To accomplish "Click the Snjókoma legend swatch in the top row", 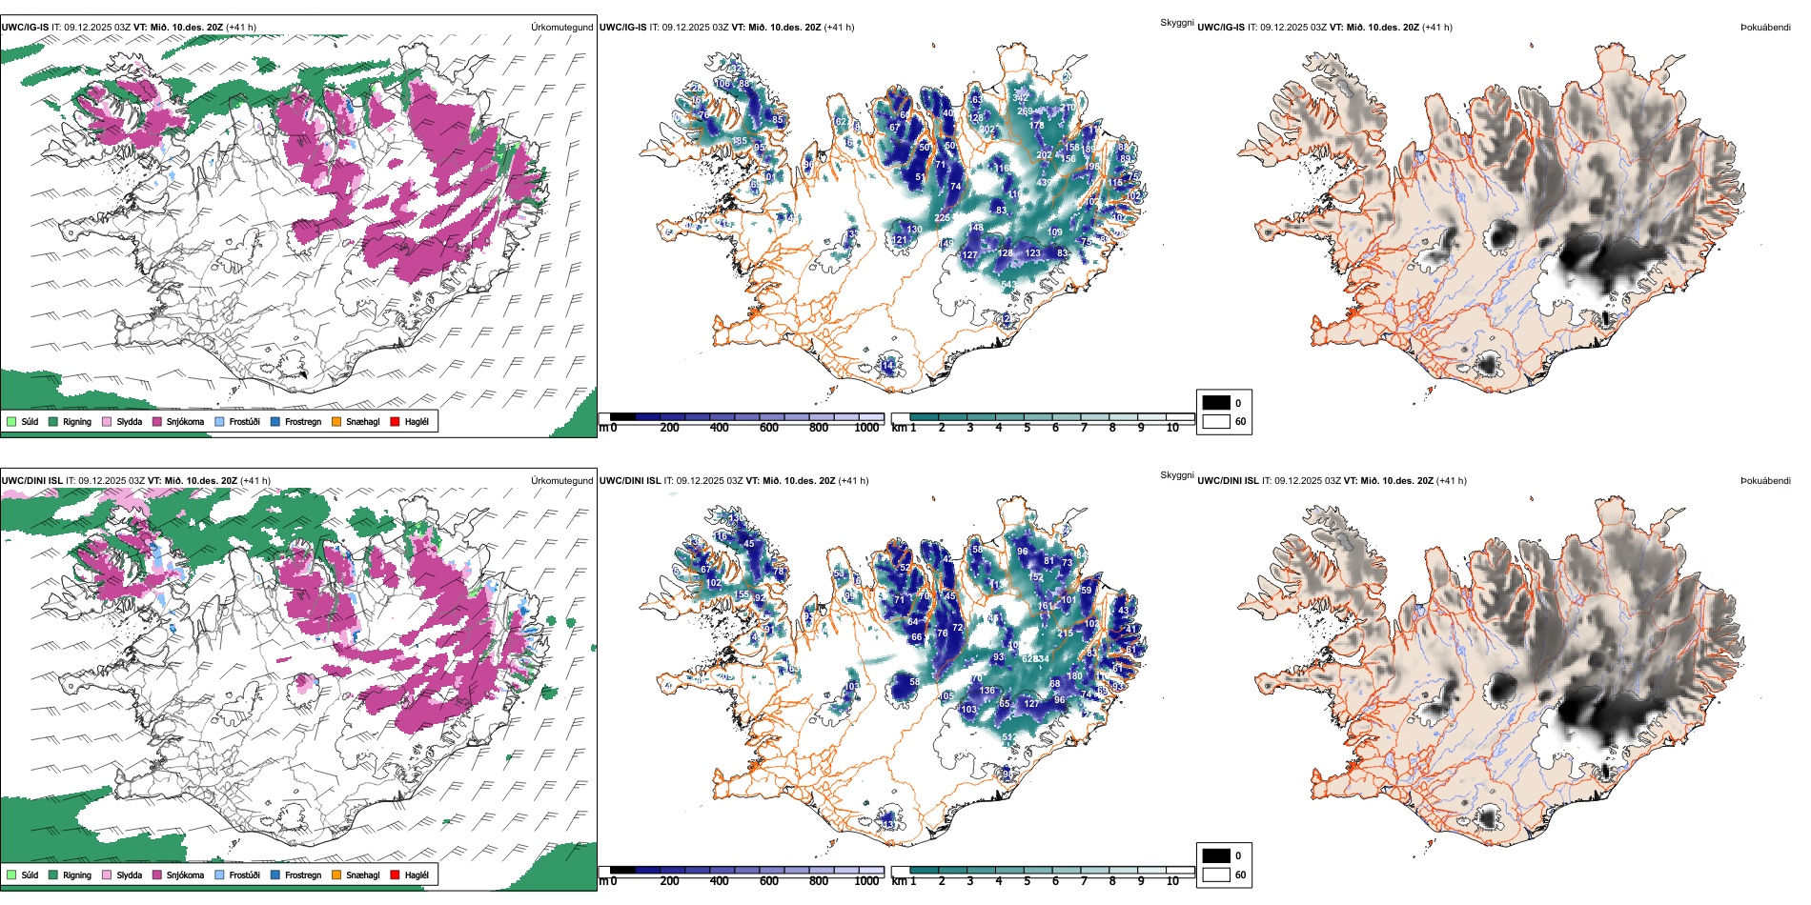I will (157, 421).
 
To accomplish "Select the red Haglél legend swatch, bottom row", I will (396, 875).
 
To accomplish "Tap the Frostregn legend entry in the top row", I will (275, 421).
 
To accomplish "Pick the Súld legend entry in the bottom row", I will (11, 875).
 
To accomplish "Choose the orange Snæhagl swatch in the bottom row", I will (336, 875).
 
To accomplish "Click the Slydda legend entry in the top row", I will (107, 421).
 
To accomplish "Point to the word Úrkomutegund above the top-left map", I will (561, 28).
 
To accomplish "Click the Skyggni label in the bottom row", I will (1176, 475).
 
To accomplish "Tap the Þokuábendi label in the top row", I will (1765, 28).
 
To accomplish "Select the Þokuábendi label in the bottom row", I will (1765, 481).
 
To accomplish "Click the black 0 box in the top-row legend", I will (1216, 402).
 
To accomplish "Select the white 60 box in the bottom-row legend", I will (1216, 875).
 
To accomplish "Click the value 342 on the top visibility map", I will (1020, 97).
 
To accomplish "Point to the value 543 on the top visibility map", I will (1009, 285).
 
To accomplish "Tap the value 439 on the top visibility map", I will (1044, 183).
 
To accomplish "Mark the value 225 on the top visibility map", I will (942, 218).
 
